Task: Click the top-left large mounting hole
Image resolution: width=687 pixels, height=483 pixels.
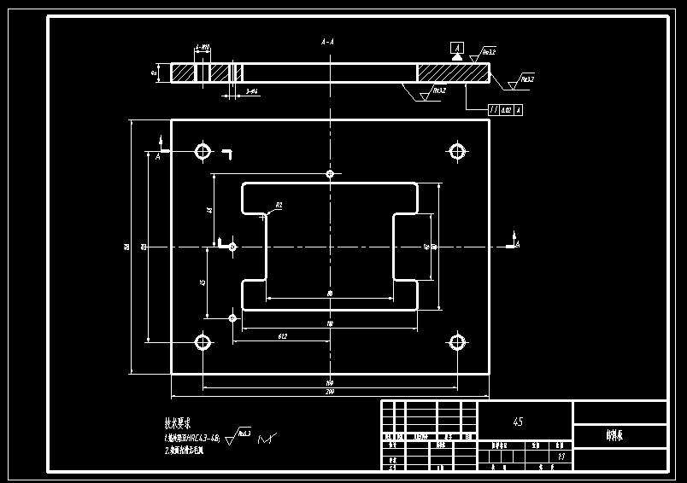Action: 203,152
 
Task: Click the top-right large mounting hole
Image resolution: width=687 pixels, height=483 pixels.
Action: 457,152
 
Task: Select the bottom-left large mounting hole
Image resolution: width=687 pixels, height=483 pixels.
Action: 203,343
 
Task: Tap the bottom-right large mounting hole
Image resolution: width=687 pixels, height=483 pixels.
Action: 457,343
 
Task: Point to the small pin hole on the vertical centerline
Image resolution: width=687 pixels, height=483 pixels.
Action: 330,174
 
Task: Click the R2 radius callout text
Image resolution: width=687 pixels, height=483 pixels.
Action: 279,206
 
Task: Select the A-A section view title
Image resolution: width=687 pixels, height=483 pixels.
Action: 327,41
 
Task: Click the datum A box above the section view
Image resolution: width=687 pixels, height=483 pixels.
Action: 458,47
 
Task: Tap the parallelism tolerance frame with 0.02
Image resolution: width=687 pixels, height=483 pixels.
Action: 505,110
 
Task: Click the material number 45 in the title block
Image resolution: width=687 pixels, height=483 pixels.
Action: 518,422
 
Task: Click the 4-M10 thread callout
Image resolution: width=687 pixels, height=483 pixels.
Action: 203,48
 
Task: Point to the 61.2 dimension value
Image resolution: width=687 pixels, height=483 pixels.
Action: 281,336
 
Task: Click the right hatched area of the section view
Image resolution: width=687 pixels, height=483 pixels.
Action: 453,73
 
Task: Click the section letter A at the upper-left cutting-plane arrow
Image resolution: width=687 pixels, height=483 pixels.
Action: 157,156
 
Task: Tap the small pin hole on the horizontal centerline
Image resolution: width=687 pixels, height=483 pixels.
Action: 232,247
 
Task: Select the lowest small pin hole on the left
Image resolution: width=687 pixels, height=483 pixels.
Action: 232,317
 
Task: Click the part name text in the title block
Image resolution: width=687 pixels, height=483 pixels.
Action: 614,435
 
